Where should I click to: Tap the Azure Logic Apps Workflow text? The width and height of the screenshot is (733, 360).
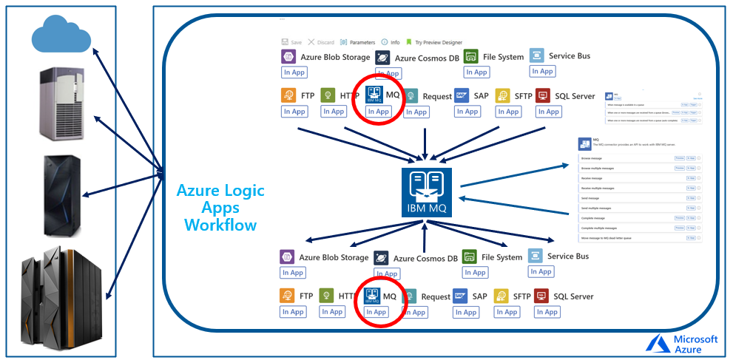pyautogui.click(x=220, y=208)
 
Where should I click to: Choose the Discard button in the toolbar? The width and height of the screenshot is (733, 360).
pyautogui.click(x=322, y=42)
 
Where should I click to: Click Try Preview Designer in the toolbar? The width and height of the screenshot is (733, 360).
pyautogui.click(x=433, y=42)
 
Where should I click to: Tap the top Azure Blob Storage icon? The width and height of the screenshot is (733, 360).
pyautogui.click(x=288, y=57)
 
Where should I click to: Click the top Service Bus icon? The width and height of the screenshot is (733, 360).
pyautogui.click(x=537, y=56)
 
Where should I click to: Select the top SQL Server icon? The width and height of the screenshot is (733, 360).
pyautogui.click(x=543, y=96)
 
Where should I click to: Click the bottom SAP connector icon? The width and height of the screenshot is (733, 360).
pyautogui.click(x=460, y=296)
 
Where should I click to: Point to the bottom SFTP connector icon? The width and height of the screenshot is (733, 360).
pyautogui.click(x=501, y=296)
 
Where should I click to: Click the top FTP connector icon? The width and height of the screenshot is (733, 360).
pyautogui.click(x=288, y=96)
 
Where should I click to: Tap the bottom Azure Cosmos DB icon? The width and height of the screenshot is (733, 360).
pyautogui.click(x=381, y=258)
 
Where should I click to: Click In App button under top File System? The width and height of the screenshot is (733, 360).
pyautogui.click(x=476, y=72)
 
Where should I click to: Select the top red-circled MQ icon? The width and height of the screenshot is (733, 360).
pyautogui.click(x=374, y=95)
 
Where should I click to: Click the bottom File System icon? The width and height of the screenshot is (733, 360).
pyautogui.click(x=470, y=257)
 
